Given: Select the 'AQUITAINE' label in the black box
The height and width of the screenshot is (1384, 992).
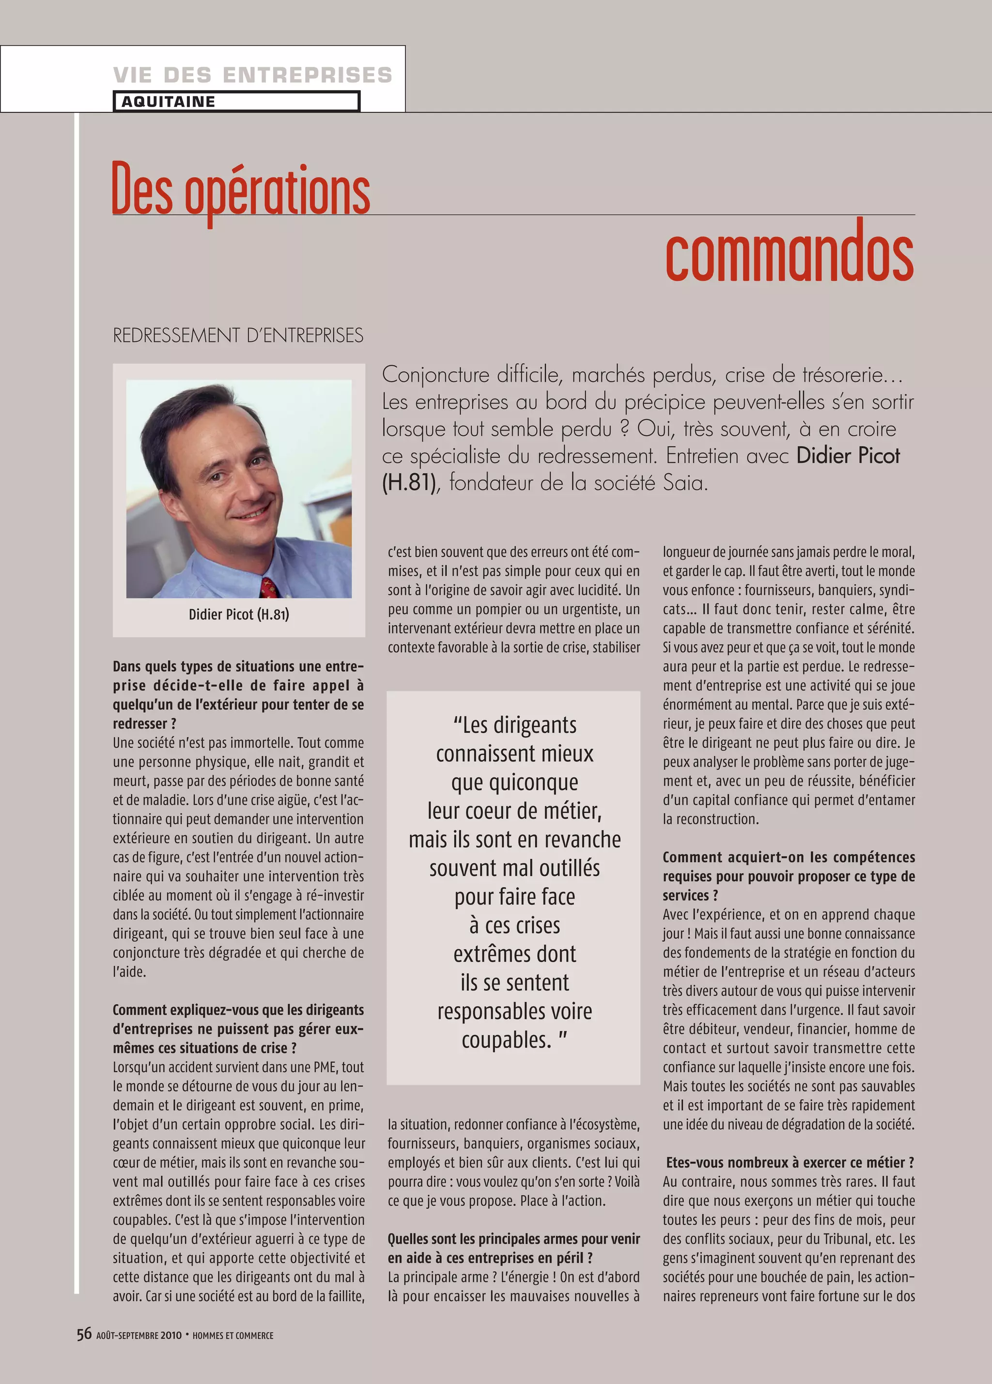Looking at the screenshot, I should point(168,101).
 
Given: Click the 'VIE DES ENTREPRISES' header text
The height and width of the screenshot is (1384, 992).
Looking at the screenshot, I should point(252,75).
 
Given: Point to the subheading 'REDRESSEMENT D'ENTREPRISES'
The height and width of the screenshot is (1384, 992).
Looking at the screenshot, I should point(238,335).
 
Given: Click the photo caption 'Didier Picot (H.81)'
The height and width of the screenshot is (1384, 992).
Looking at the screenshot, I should point(239,615).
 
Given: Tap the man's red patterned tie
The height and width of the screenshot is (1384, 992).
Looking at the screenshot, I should point(269,588).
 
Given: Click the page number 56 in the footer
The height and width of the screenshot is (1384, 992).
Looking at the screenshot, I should point(84,1334).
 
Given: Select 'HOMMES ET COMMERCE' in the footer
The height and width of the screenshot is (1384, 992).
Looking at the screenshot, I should point(232,1335).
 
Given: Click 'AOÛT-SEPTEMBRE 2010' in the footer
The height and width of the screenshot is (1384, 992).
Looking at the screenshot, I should point(139,1335).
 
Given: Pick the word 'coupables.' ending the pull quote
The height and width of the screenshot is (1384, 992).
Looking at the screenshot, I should point(506,1039).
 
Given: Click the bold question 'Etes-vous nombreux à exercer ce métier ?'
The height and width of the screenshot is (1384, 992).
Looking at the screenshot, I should point(790,1163).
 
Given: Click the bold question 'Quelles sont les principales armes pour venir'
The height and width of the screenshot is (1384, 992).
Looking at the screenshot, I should point(513,1239).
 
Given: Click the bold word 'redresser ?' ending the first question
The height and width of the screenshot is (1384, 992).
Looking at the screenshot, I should point(145,724).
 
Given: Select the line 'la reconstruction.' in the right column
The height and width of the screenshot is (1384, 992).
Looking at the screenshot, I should point(711,819).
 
